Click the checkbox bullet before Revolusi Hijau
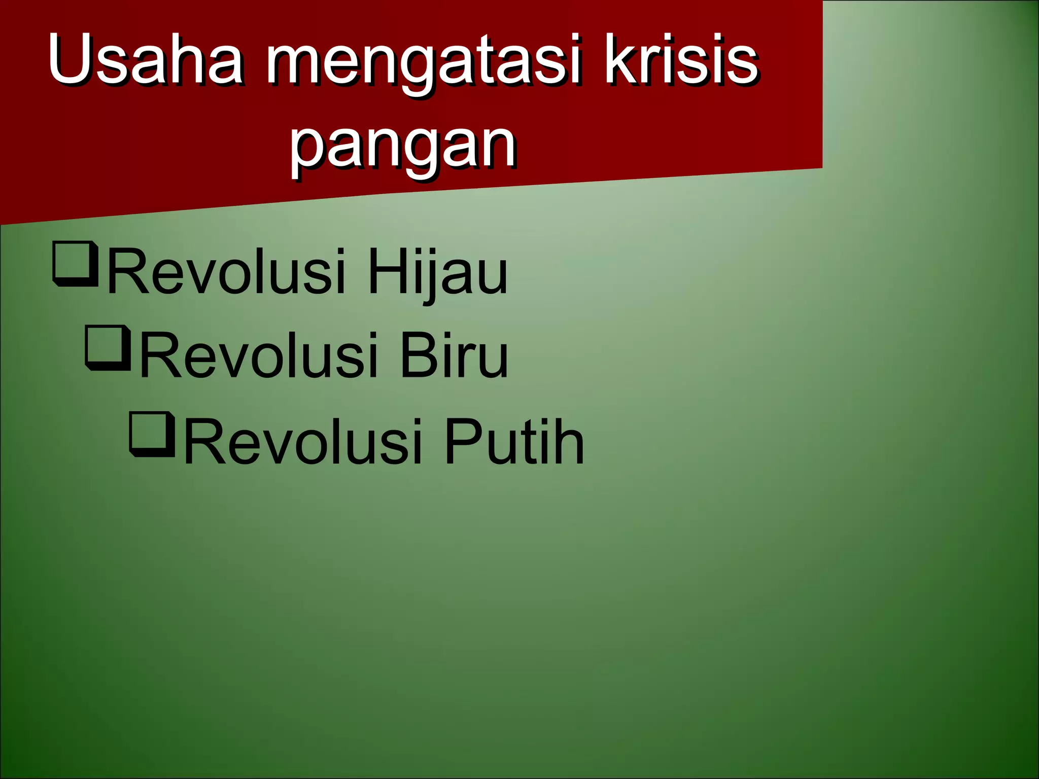(75, 265)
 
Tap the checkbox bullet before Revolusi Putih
(152, 435)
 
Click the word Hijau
(437, 272)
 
